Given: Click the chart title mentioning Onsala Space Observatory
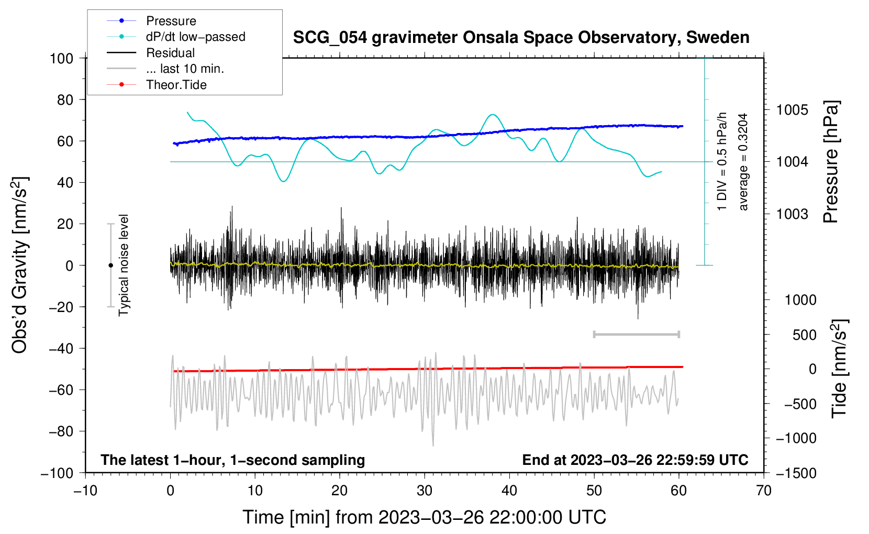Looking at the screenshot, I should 521,38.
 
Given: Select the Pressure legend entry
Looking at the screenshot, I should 171,21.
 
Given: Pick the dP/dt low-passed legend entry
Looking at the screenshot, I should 195,37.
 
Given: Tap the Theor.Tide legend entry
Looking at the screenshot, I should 176,85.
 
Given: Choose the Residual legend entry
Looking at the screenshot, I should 170,53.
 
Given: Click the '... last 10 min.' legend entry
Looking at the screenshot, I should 185,69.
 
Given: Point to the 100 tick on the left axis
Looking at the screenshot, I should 61,58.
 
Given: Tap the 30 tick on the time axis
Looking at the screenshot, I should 425,491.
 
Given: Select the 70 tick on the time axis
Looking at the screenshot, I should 764,491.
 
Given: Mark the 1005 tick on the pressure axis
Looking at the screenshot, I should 792,110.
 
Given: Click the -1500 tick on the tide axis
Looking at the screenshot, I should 796,473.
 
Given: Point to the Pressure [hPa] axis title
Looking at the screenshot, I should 831,162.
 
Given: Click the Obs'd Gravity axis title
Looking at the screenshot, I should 20,265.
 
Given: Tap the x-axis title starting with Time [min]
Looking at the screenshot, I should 425,517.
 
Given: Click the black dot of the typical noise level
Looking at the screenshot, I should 110,265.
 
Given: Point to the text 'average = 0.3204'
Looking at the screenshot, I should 743,162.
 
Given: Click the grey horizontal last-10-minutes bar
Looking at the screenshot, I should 636,334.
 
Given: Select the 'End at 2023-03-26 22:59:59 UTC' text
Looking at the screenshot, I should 635,460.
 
